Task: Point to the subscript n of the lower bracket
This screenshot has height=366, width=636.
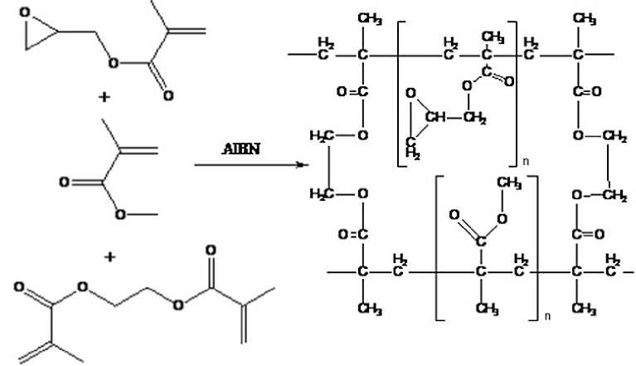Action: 546,317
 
